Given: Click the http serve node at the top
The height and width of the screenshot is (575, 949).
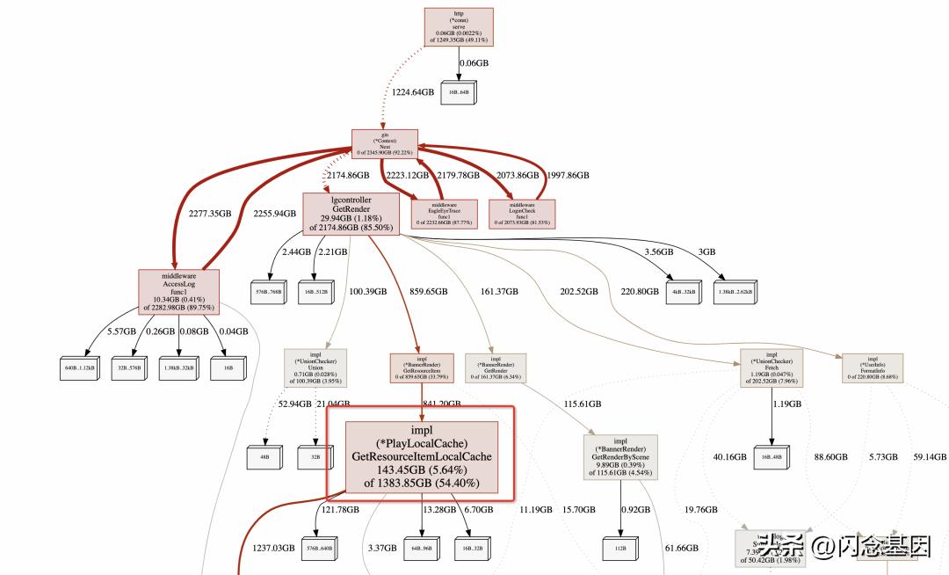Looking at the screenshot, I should click(459, 26).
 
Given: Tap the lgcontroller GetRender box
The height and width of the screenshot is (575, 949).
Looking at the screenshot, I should click(351, 214).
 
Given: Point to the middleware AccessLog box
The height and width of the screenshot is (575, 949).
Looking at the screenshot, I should click(178, 291).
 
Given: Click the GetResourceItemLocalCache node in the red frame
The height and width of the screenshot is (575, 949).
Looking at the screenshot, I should click(421, 456).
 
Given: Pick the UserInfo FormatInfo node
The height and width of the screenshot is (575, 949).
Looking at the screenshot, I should click(873, 368).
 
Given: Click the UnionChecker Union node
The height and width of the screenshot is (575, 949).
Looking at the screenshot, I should click(315, 368).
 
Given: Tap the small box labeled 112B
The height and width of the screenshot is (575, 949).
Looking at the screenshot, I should click(620, 549).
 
